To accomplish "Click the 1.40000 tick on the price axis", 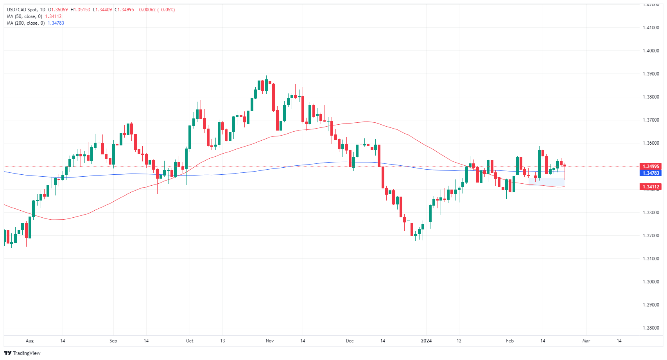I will click(651, 51).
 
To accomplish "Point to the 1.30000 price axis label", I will click(651, 282).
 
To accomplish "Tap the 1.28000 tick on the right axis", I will click(651, 328).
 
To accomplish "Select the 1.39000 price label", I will click(651, 74).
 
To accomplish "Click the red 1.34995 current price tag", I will click(651, 167).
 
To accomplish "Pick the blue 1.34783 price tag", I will click(651, 173).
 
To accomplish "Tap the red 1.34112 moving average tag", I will click(651, 187).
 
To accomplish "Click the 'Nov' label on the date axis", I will click(270, 341).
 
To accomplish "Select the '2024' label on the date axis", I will click(426, 341).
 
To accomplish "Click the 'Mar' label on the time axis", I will click(586, 341).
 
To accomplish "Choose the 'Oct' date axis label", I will click(190, 341).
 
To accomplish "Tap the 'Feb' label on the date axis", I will click(510, 341).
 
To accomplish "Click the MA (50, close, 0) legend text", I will click(24, 16).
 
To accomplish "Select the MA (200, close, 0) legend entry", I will click(25, 23).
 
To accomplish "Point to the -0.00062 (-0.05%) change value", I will click(156, 10).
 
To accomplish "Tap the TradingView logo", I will click(22, 353).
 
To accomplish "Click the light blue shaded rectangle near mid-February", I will click(546, 182).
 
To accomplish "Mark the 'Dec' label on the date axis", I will click(350, 341).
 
